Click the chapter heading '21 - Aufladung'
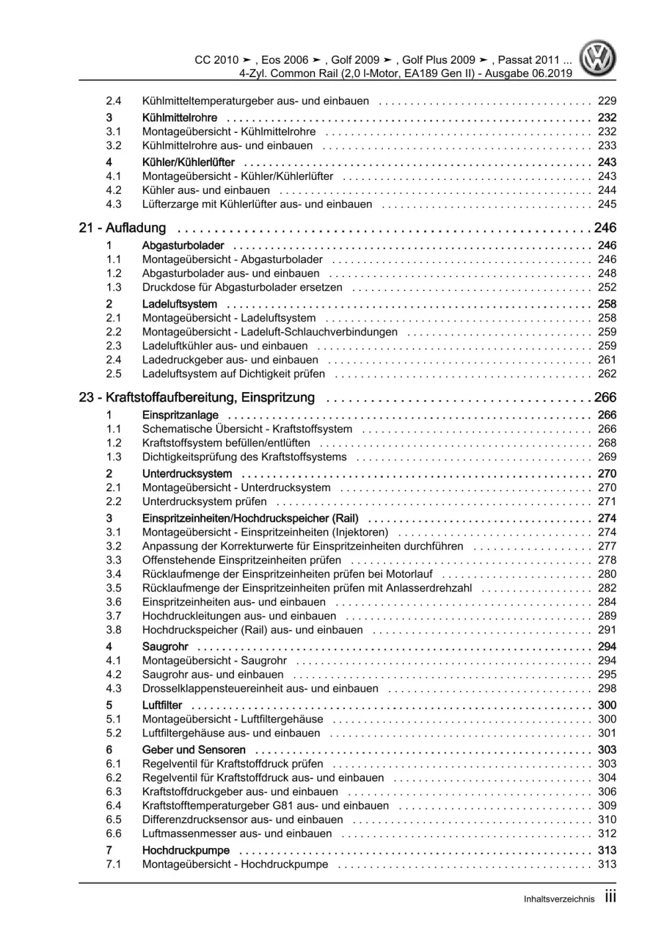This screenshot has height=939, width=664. [x=122, y=228]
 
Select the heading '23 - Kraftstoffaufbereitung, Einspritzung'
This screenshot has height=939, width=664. [x=197, y=397]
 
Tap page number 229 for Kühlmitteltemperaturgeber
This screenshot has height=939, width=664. [x=607, y=101]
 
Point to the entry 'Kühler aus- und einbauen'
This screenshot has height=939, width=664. [x=206, y=190]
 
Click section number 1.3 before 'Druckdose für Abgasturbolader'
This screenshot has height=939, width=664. [x=114, y=287]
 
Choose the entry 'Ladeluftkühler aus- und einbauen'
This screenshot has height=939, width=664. [x=225, y=346]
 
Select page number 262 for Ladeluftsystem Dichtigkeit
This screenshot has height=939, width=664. [x=607, y=373]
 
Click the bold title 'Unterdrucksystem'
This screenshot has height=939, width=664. [x=187, y=474]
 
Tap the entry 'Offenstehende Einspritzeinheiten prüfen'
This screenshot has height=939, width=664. [x=241, y=560]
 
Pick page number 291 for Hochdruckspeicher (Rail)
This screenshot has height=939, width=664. [x=607, y=629]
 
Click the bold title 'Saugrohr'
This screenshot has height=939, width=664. [x=165, y=647]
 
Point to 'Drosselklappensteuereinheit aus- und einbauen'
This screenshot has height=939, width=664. [x=260, y=688]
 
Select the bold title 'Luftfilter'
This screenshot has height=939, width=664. [x=162, y=705]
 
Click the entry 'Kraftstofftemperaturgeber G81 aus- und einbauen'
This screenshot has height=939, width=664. [x=265, y=805]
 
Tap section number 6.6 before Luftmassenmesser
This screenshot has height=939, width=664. [x=114, y=833]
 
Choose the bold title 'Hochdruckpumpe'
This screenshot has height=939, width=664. [x=185, y=851]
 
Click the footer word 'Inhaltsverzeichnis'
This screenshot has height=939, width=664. [x=559, y=899]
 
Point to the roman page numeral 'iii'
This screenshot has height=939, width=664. [x=610, y=897]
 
